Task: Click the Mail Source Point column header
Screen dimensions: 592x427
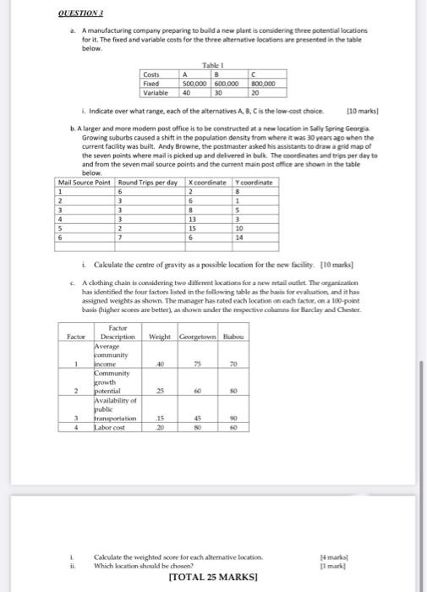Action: point(85,184)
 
